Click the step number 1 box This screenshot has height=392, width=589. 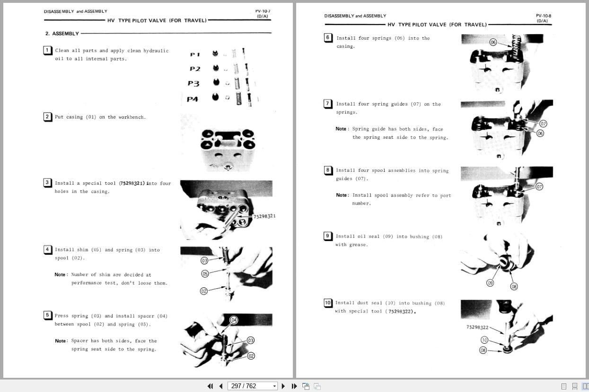(x=47, y=50)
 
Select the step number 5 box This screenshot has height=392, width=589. (x=47, y=315)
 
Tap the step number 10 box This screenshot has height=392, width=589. (x=328, y=303)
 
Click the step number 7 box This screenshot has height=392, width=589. (x=328, y=104)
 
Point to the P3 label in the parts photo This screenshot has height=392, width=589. (x=193, y=84)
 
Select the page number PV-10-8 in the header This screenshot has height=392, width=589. (x=543, y=16)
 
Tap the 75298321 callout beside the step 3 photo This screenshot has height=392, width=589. (x=264, y=216)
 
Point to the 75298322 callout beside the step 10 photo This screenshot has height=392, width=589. (x=477, y=327)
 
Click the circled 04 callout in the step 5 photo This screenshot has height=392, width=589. (x=233, y=321)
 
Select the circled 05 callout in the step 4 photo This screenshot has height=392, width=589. (x=205, y=274)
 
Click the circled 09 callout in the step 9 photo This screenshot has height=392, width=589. (x=490, y=283)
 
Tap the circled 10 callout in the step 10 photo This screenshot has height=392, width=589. (x=484, y=340)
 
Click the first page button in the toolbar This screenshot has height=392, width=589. (x=210, y=386)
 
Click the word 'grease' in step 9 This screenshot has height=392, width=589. (x=359, y=245)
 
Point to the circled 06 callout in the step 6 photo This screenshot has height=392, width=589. (x=493, y=42)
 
